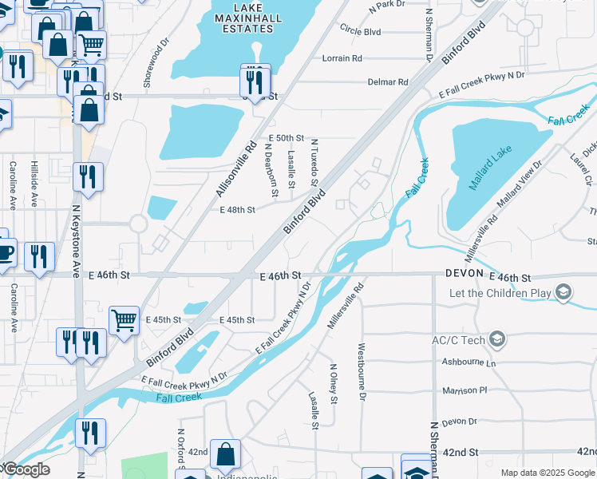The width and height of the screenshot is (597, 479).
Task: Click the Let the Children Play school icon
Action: (564, 292)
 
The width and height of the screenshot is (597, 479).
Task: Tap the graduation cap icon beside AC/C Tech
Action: (498, 340)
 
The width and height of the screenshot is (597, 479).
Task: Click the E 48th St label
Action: (237, 210)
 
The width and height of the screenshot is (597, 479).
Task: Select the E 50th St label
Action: (287, 138)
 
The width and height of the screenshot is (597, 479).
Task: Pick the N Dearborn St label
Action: (271, 172)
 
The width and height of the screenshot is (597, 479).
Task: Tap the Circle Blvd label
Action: (360, 32)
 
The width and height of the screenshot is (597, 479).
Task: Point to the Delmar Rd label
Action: (388, 82)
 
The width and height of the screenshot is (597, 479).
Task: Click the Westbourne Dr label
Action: (362, 371)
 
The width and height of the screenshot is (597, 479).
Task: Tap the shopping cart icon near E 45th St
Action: (124, 321)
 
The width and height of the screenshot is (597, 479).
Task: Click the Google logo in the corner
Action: (26, 469)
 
